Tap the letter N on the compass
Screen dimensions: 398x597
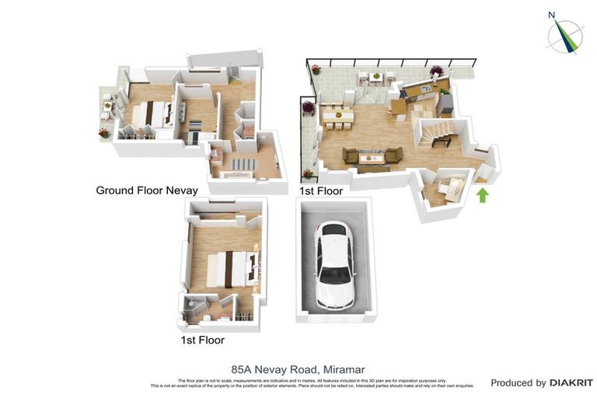tap(551, 14)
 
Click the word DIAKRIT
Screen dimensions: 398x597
tap(571, 382)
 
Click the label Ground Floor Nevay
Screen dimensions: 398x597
tap(147, 190)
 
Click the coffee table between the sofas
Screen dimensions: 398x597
tap(372, 159)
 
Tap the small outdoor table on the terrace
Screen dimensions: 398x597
tap(375, 76)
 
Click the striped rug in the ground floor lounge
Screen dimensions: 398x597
tap(242, 164)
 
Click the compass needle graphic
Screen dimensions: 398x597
tap(565, 37)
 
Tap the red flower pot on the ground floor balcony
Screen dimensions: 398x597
tap(103, 133)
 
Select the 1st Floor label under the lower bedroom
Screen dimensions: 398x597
tap(202, 340)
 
